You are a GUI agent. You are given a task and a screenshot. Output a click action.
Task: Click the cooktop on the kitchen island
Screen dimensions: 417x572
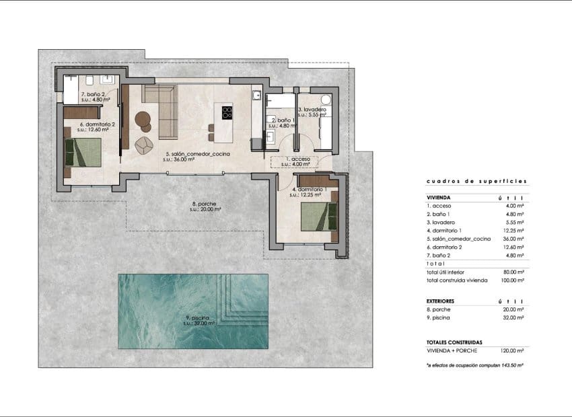[226, 112]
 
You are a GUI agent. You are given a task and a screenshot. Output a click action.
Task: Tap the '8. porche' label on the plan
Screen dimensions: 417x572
[203, 206]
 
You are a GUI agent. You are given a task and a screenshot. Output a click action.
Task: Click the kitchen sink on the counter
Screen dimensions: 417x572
[256, 96]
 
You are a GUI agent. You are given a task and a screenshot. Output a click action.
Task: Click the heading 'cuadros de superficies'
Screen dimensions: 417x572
[476, 182]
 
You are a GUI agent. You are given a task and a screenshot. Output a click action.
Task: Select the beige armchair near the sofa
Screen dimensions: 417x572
[144, 144]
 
